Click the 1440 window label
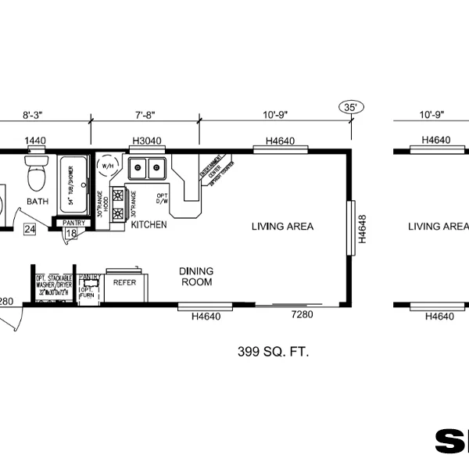pyautogui.click(x=34, y=141)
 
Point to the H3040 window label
pyautogui.click(x=146, y=141)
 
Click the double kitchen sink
pyautogui.click(x=148, y=167)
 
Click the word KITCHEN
pyautogui.click(x=149, y=224)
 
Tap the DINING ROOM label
pyautogui.click(x=196, y=276)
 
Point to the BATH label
pyautogui.click(x=38, y=202)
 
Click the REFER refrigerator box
pyautogui.click(x=124, y=282)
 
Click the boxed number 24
pyautogui.click(x=30, y=229)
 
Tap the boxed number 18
pyautogui.click(x=70, y=233)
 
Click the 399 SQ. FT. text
pyautogui.click(x=273, y=352)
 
